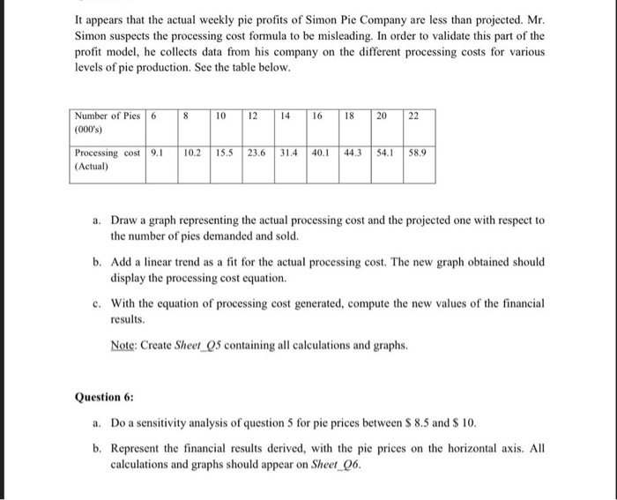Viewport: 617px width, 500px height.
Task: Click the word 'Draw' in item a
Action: coord(127,220)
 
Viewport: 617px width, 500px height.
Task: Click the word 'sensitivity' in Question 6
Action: coord(167,423)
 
